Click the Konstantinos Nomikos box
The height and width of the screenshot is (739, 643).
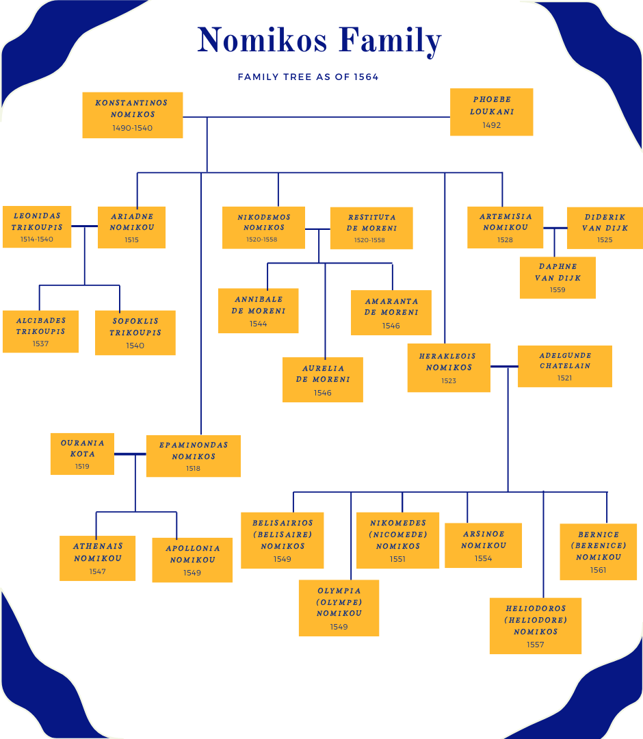[132, 115]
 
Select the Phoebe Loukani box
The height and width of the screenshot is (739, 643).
[491, 112]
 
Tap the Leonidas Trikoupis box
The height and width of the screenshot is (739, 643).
[37, 226]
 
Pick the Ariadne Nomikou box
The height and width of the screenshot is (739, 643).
[132, 227]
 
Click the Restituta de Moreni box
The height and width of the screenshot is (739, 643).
[371, 228]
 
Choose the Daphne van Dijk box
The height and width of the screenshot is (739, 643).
[557, 278]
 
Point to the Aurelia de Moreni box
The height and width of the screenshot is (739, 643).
[322, 379]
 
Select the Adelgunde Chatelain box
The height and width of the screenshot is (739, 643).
[564, 366]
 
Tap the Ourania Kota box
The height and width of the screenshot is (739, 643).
[82, 454]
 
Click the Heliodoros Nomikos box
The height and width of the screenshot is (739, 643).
[535, 625]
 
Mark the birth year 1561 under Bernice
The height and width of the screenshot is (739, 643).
[598, 570]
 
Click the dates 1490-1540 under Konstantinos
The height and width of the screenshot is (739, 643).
[132, 128]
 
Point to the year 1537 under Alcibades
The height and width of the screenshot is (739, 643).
[40, 343]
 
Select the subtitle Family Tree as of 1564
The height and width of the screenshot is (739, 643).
[308, 77]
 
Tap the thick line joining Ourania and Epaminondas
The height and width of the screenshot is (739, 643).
[130, 454]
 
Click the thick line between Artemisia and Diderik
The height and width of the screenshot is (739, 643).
[555, 228]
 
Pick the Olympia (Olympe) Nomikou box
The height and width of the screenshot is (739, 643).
[339, 608]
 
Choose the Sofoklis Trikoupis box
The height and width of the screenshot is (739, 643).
[135, 333]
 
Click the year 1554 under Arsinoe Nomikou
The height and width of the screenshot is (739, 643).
[483, 558]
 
